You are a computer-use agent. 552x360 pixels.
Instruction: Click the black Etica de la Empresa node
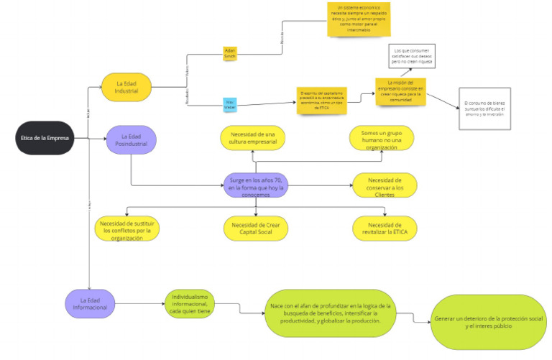(45, 139)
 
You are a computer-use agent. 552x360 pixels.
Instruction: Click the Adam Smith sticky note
(230, 54)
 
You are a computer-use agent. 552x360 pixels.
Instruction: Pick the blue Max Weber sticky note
(230, 104)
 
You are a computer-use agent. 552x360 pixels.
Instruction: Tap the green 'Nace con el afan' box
(329, 313)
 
